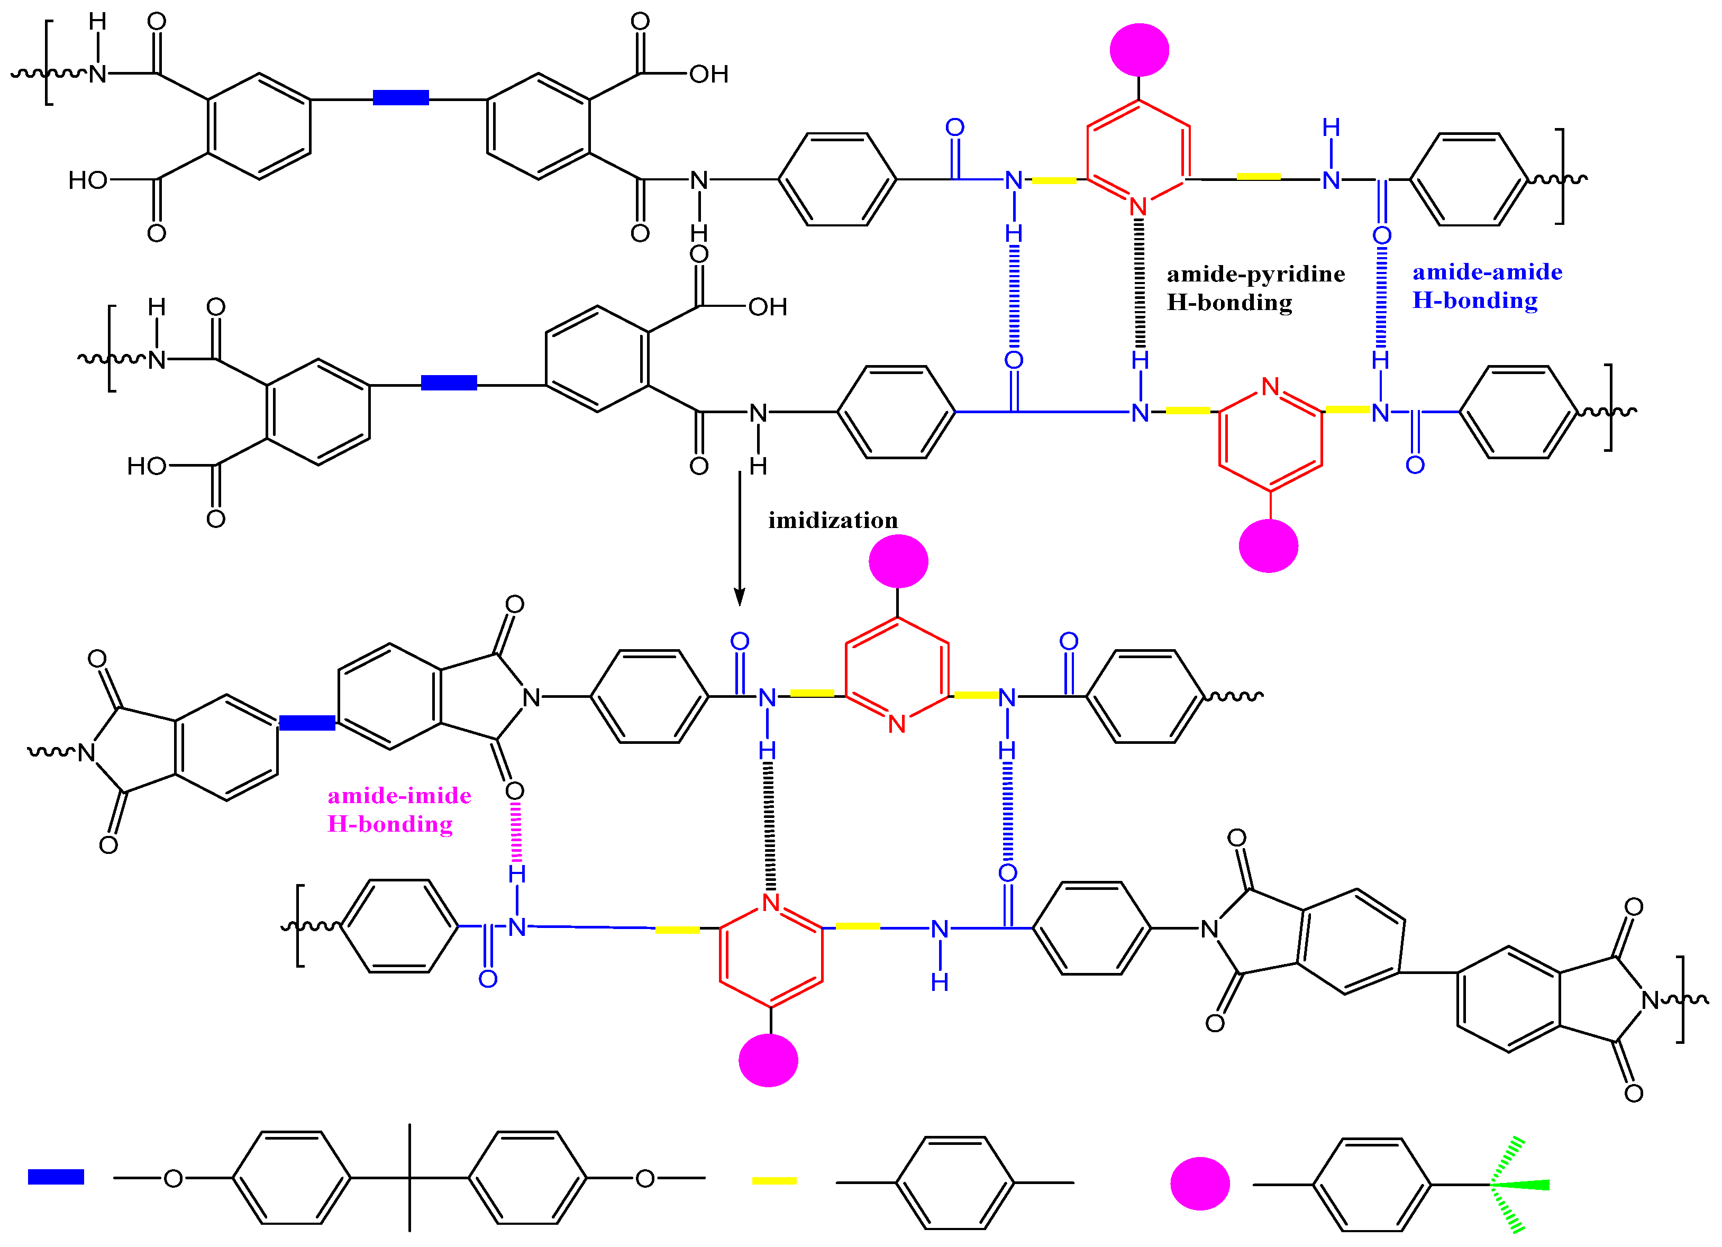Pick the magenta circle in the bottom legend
[1200, 1183]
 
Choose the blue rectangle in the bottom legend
[56, 1177]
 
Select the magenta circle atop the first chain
[1139, 50]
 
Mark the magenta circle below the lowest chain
[768, 1060]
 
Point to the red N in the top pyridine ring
[1137, 206]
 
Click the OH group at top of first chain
[708, 75]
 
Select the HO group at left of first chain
[88, 181]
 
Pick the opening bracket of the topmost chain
[48, 62]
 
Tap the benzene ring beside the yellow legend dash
[954, 1182]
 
